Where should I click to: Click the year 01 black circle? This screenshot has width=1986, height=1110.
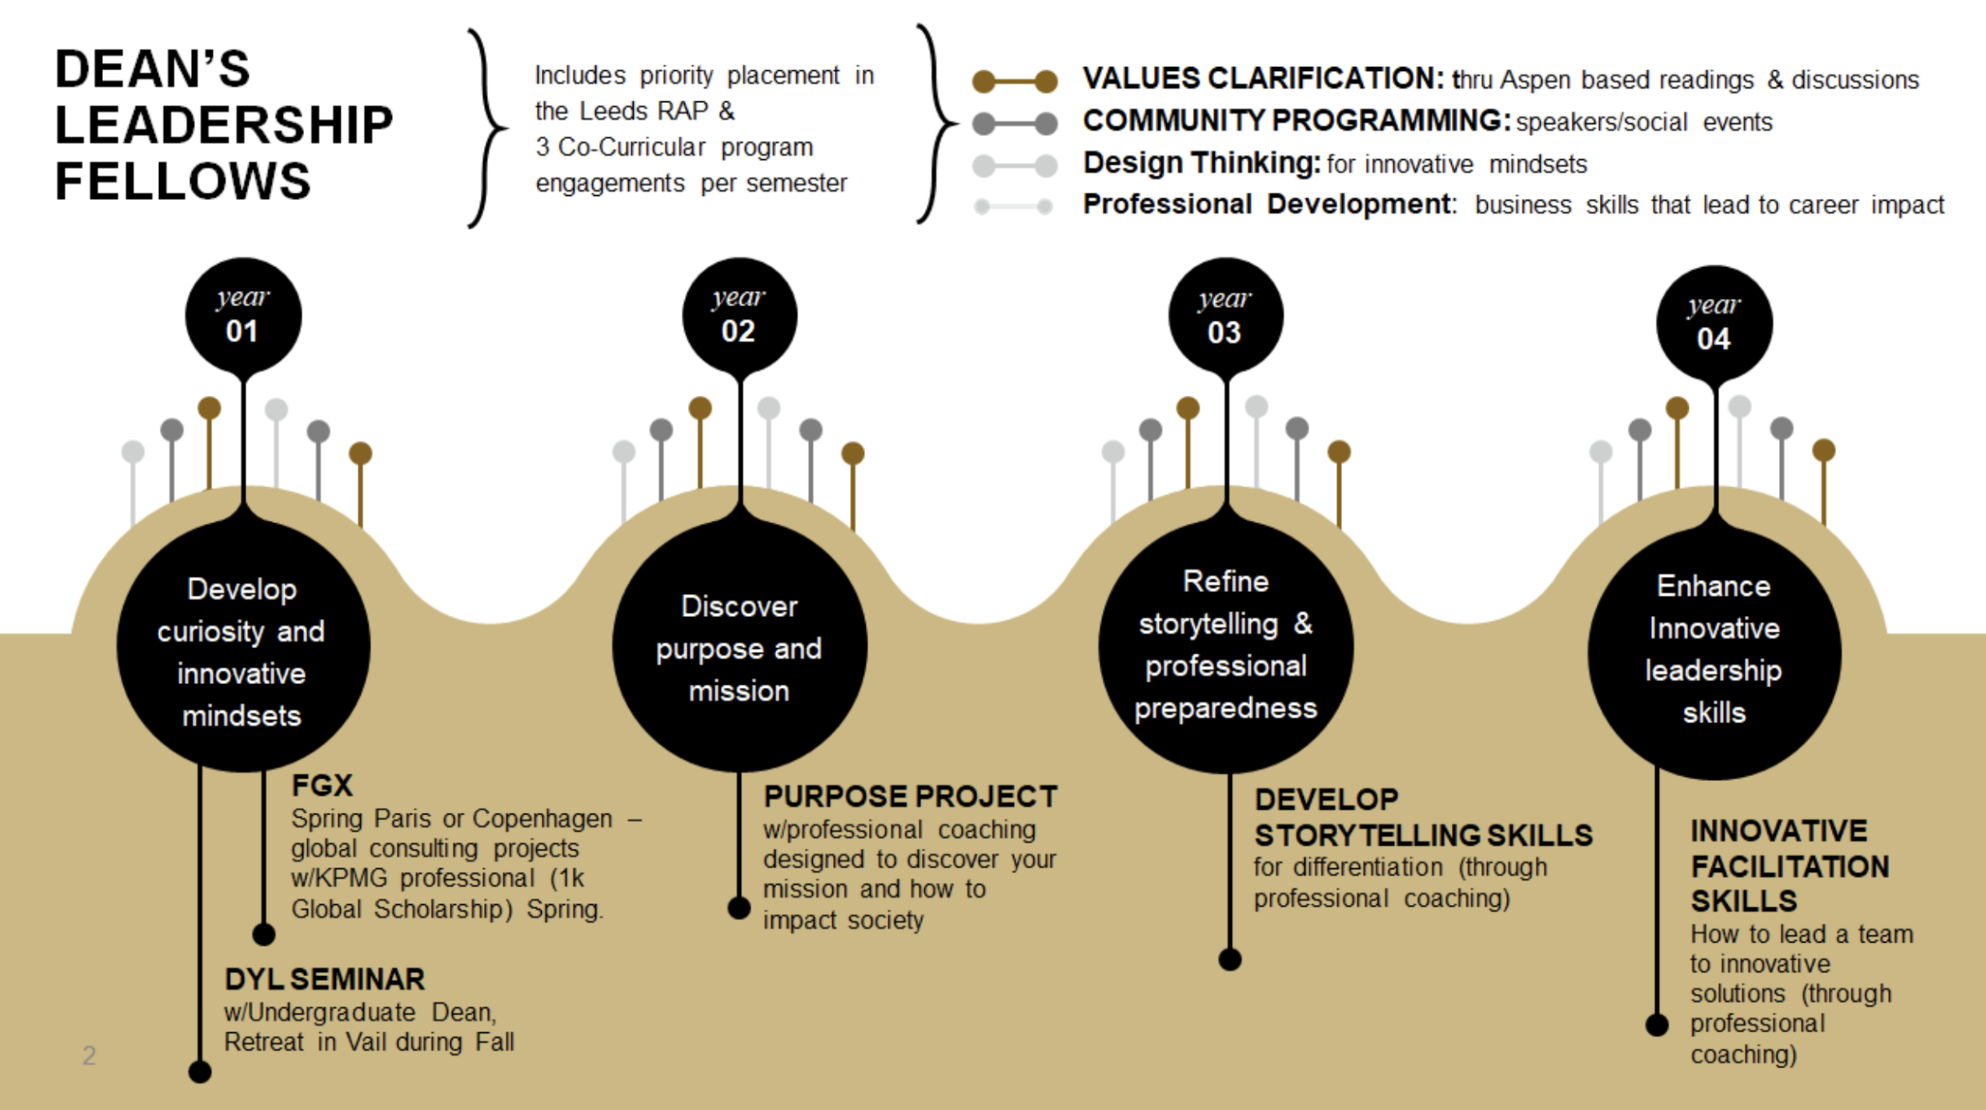(243, 316)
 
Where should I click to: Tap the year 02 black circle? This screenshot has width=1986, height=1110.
(739, 316)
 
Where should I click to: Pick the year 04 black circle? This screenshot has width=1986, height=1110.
(1714, 323)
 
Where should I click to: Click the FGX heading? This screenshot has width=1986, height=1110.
(322, 785)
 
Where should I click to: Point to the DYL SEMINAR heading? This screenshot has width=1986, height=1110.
(325, 979)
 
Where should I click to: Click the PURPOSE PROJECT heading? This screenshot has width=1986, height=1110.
(910, 796)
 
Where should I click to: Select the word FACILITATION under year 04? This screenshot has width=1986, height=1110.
(1790, 866)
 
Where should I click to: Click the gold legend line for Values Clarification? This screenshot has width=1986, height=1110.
(1015, 81)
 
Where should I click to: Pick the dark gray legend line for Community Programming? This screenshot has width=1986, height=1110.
(1015, 124)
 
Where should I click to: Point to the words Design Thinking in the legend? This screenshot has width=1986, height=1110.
(1201, 162)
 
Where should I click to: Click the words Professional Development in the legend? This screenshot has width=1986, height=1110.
(1268, 204)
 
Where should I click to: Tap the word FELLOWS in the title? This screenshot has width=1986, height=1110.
(183, 181)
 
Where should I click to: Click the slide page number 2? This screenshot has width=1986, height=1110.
(89, 1055)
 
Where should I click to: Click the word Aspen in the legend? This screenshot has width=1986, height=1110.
(1535, 80)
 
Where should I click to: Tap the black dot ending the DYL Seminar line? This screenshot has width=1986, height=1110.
(199, 1071)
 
